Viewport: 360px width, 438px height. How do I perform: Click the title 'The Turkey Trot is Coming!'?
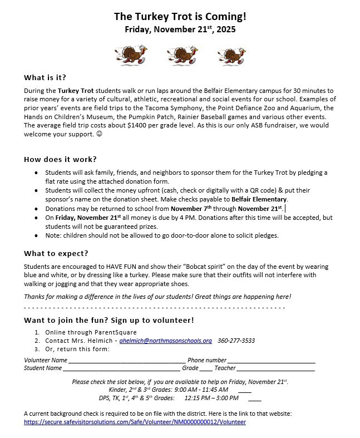180,17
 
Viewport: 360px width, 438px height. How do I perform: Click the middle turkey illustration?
180,55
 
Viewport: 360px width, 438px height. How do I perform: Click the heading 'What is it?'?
49,77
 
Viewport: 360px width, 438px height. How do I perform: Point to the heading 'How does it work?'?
60,159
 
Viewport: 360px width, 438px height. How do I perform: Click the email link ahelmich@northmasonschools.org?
165,341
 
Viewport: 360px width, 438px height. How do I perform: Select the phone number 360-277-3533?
236,341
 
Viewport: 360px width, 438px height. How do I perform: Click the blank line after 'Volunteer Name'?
127,361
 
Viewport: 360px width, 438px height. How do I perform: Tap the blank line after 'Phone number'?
271,361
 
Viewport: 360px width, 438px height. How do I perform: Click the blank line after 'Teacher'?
276,368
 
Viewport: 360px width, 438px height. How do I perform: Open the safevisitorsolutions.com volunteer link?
135,422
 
